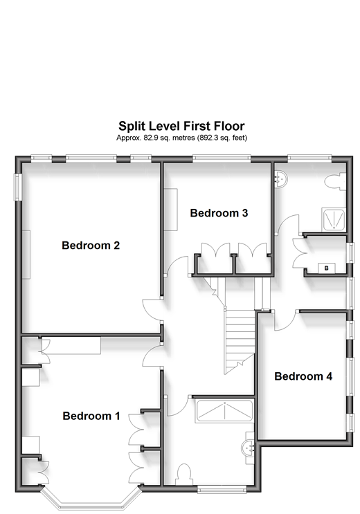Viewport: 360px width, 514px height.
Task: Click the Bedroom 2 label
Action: [91, 245]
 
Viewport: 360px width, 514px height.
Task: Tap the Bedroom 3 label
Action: [219, 213]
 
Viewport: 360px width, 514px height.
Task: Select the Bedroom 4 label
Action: [303, 376]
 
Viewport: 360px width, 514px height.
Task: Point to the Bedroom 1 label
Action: [91, 416]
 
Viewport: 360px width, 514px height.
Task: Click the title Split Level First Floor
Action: [181, 126]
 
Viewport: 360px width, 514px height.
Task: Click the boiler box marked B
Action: [327, 268]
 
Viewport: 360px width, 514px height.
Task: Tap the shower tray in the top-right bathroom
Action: [334, 219]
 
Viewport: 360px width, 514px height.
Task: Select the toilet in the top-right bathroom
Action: [335, 182]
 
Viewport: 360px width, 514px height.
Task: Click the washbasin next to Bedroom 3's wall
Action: [281, 179]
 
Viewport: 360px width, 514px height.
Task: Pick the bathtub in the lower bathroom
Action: [224, 411]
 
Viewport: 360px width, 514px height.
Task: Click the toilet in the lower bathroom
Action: [184, 474]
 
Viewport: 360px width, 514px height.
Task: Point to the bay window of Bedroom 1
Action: [91, 496]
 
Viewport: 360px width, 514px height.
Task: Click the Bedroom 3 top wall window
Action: [222, 158]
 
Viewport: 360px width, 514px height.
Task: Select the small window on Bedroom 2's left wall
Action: [17, 187]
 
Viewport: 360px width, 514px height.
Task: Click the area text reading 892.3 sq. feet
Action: [222, 138]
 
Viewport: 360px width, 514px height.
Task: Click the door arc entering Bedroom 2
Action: [152, 310]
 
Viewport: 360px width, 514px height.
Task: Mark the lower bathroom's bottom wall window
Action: [222, 489]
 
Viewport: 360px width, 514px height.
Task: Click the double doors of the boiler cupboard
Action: [298, 253]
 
